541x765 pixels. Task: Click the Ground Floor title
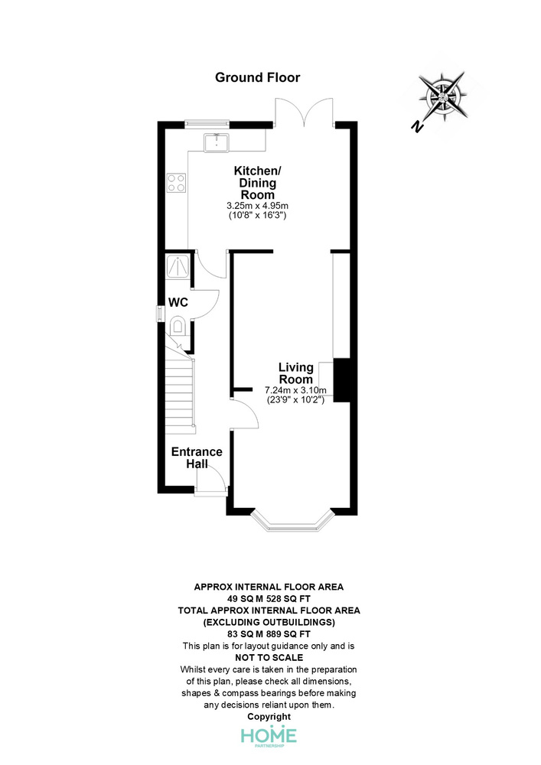click(x=258, y=77)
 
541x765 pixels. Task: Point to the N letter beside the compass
click(x=416, y=126)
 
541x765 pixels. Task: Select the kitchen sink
click(x=216, y=142)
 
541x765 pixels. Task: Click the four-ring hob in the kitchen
click(x=176, y=183)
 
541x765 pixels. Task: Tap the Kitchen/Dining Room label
click(x=258, y=183)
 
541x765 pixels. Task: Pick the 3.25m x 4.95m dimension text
click(x=258, y=205)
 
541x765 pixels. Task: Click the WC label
click(x=178, y=302)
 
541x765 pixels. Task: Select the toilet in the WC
click(x=178, y=326)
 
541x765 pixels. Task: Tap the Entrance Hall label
click(x=197, y=457)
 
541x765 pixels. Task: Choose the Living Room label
click(x=295, y=373)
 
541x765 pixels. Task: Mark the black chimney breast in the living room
click(x=342, y=380)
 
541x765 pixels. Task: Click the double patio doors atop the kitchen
click(x=305, y=111)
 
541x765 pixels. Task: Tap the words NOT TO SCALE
click(x=269, y=658)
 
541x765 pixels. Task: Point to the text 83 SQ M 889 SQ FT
click(x=269, y=634)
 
